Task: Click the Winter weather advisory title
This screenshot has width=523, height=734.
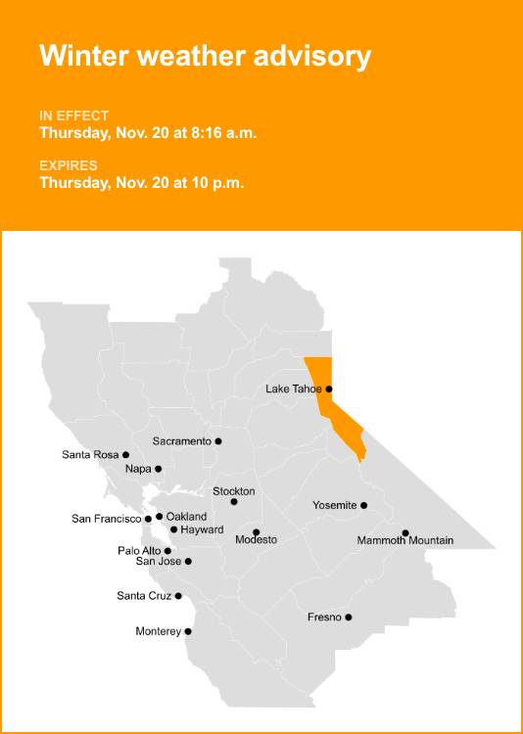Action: [205, 56]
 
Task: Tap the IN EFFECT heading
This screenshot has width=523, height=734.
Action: [74, 115]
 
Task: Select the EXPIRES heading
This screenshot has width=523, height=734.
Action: [69, 165]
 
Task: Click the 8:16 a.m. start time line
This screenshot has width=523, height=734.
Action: [148, 133]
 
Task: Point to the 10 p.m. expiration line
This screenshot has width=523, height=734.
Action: [141, 182]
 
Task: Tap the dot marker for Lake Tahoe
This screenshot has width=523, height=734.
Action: [329, 389]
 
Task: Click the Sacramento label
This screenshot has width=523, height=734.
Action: [181, 441]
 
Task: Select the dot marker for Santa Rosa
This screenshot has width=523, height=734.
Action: [125, 455]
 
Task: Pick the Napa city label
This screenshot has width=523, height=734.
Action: [137, 470]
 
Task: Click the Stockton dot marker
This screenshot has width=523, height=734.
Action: [234, 502]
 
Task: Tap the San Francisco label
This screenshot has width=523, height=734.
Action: [107, 519]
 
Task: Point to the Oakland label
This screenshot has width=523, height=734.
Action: [186, 516]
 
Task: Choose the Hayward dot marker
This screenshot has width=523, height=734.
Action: [173, 529]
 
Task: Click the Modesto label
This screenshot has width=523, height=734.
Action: [256, 540]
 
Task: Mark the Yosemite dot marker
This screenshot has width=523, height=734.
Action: [364, 506]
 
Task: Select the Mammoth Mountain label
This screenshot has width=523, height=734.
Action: [404, 540]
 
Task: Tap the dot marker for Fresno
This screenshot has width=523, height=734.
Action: [349, 618]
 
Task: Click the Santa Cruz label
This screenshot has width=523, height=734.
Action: [144, 596]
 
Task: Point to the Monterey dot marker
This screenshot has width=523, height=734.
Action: [188, 631]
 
